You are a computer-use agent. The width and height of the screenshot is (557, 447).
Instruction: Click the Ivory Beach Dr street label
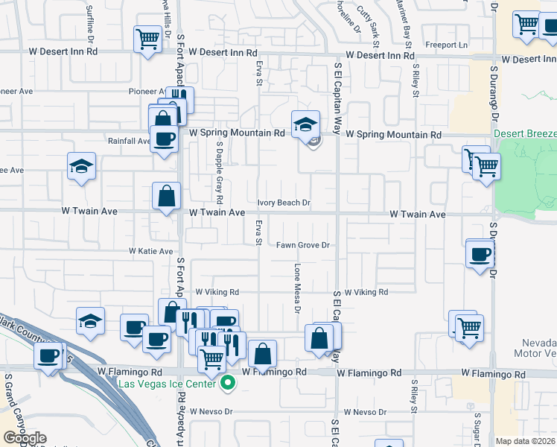point(284,203)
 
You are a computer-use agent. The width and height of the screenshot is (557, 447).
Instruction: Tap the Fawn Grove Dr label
point(303,245)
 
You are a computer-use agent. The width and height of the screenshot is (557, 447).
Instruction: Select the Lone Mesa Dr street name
point(297,288)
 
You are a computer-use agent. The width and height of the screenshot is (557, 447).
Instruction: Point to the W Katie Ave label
point(150,252)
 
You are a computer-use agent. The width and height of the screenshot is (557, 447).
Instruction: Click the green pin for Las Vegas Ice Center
point(229,384)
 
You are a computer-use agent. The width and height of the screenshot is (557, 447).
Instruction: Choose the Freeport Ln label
point(447,45)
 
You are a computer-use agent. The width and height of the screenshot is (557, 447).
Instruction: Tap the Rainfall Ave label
point(130,141)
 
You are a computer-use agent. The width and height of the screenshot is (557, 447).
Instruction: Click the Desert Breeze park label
point(525,134)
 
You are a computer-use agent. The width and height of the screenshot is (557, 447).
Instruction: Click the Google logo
point(25,438)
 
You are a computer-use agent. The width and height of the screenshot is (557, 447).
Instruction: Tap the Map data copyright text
point(526,441)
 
